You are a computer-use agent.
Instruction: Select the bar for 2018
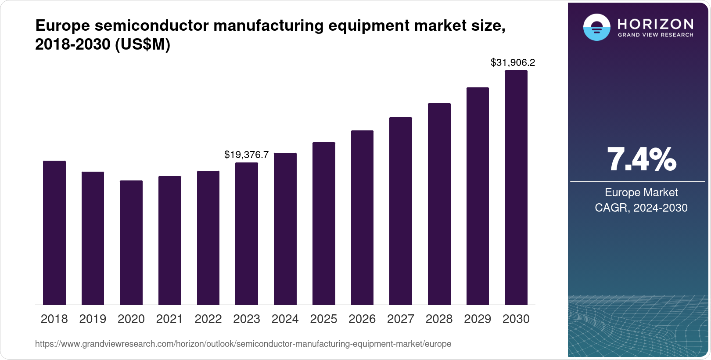point(54,233)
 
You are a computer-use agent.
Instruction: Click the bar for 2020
point(131,242)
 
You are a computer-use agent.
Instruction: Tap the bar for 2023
point(247,234)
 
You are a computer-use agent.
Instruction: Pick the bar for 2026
point(362,217)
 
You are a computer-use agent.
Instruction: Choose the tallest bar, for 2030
point(516,187)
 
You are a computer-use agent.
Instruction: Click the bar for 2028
point(439,204)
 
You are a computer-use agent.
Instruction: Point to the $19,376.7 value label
point(246,155)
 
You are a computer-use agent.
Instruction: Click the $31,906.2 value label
point(513,63)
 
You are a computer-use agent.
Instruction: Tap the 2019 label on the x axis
point(93,319)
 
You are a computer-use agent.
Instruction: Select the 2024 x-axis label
point(285,319)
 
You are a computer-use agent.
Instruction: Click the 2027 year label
point(400,319)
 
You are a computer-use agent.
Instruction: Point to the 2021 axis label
point(169,319)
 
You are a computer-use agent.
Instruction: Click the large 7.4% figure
point(641,160)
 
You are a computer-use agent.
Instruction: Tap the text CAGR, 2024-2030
point(641,208)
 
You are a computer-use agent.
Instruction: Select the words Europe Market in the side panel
point(641,192)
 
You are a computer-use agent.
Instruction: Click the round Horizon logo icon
point(596,27)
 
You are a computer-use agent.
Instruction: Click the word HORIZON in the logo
point(656,24)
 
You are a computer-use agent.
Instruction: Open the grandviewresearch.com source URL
point(243,344)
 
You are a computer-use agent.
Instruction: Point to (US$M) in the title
point(142,45)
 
